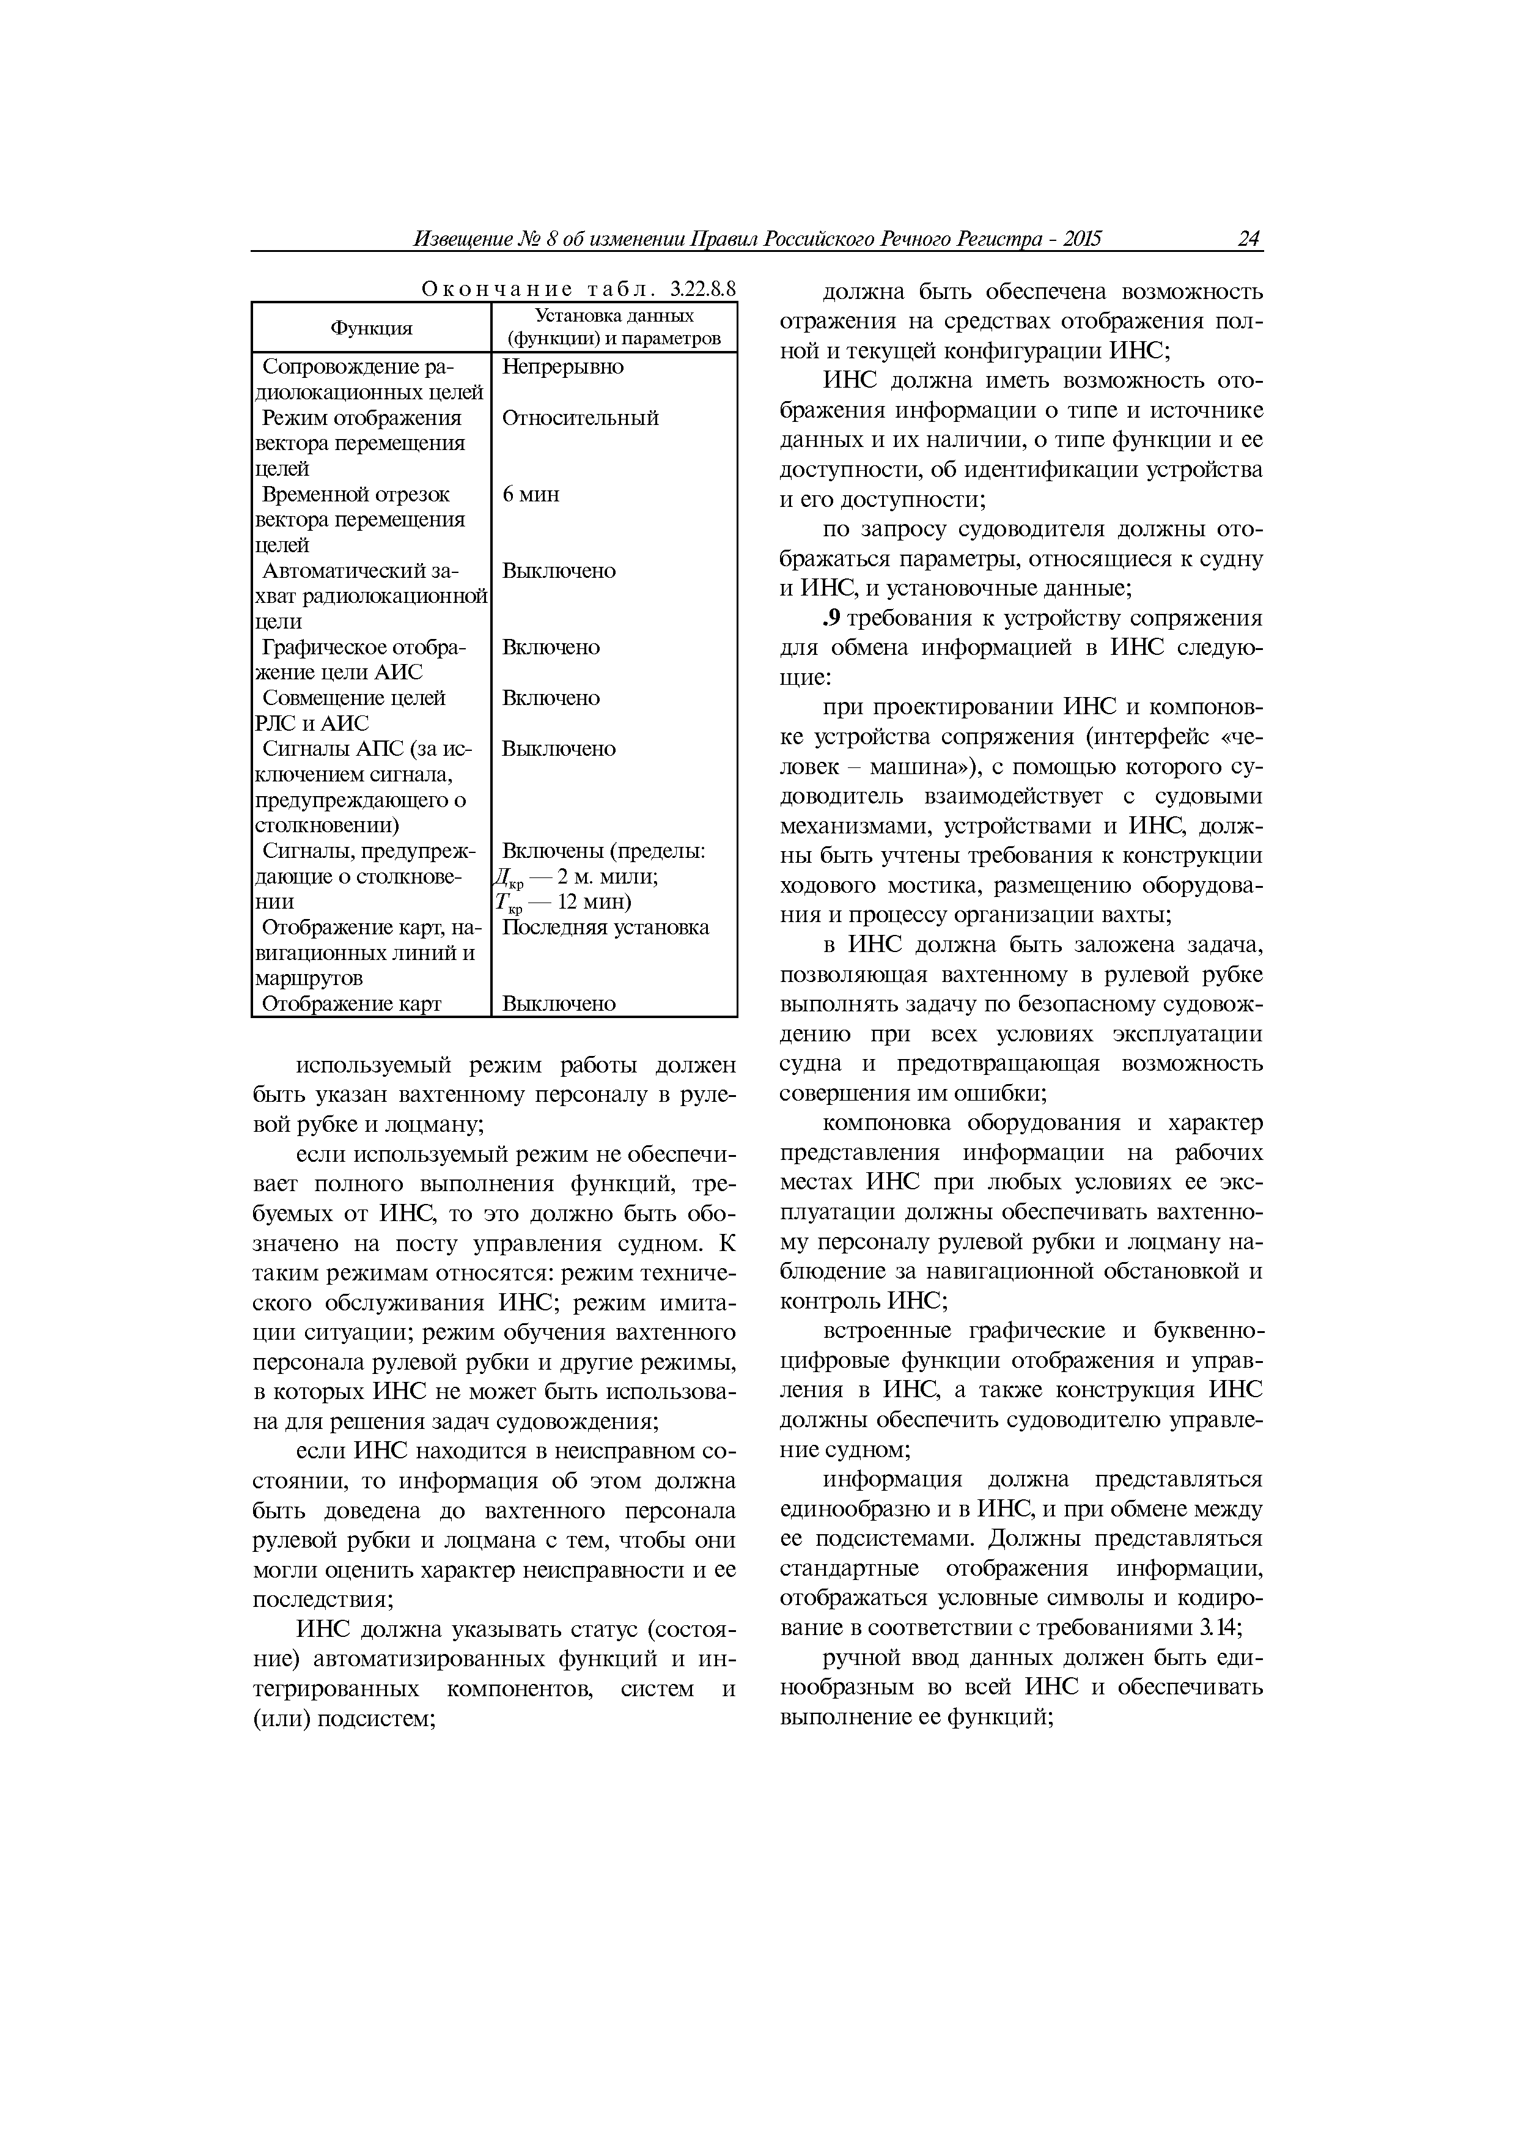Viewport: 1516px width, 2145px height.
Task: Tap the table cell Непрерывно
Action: pos(562,366)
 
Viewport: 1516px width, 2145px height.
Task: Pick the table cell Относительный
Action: pos(580,418)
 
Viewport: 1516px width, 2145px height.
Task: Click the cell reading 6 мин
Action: pos(531,494)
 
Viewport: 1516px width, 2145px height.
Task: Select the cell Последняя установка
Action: pos(605,928)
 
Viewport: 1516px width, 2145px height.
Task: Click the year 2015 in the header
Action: pos(1081,239)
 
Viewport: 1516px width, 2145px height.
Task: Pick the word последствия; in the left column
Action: pos(322,1600)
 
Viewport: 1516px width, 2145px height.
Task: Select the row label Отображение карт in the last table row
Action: pos(351,1004)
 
